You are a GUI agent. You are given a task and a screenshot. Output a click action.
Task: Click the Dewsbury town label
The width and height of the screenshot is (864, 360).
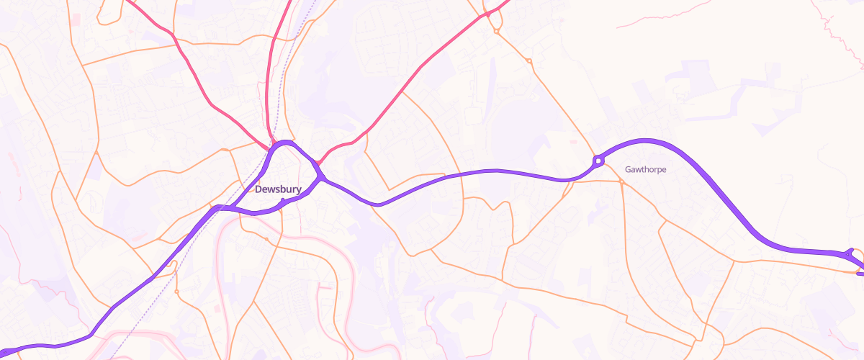[x=277, y=189]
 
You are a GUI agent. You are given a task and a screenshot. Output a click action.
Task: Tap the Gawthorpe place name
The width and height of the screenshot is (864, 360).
[x=645, y=170]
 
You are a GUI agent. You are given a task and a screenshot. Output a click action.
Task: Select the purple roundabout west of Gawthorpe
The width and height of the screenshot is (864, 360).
[x=597, y=161]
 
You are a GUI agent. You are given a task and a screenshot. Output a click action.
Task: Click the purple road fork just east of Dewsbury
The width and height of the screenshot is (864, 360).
[x=320, y=176]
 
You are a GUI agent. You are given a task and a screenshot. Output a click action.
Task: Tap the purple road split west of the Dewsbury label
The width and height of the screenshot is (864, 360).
[x=220, y=208]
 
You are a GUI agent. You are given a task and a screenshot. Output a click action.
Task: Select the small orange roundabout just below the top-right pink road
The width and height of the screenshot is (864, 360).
[x=497, y=31]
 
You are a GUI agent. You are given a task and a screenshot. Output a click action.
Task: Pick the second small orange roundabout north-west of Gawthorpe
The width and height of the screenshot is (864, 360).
[x=529, y=61]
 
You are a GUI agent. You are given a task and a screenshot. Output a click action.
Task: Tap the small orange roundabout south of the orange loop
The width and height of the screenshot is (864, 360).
[x=176, y=292]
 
